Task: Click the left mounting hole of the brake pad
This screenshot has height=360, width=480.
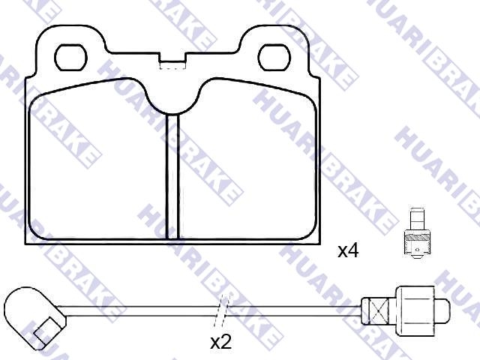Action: point(70,58)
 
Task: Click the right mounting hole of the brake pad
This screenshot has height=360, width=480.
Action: point(274,58)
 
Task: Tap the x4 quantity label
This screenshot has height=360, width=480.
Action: point(348,251)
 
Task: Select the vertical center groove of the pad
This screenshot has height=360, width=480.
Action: point(172,177)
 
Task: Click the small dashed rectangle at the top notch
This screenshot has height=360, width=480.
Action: point(172,65)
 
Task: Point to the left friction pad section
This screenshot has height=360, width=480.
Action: point(97,159)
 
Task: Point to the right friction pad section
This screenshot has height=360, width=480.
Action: point(247,159)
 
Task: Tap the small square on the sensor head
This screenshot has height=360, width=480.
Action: point(46,331)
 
